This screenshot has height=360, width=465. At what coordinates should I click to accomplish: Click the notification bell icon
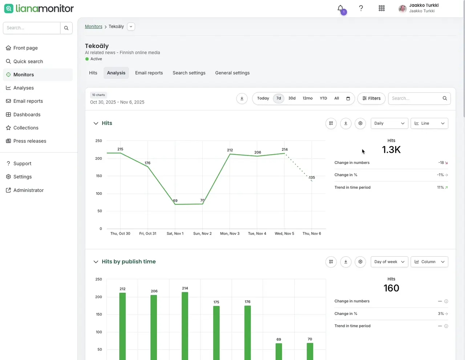[340, 8]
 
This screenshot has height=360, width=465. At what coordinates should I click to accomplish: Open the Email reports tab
[149, 73]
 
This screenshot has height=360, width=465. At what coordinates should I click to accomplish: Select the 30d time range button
[292, 98]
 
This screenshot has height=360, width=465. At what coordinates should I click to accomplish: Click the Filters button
[371, 98]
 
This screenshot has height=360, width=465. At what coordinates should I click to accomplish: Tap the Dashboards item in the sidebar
[27, 115]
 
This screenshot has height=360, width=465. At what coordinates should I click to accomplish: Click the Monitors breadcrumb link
[93, 27]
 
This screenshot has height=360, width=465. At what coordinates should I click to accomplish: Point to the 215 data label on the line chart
[120, 149]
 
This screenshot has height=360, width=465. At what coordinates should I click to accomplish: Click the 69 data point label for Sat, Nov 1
[175, 201]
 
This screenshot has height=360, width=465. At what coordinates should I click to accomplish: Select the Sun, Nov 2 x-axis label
[202, 233]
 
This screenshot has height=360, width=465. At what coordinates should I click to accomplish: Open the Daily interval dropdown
[389, 123]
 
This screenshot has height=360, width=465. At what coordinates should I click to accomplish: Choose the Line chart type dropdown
[429, 123]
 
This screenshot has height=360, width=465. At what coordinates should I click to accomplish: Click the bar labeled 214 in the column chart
[185, 326]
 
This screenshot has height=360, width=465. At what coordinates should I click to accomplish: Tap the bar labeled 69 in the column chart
[279, 351]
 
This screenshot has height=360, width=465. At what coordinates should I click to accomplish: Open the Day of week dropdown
[389, 262]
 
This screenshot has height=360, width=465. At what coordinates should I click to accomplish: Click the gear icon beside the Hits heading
[360, 123]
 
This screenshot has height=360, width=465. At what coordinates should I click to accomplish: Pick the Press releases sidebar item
[30, 141]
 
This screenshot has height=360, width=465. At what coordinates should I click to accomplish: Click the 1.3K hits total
[391, 150]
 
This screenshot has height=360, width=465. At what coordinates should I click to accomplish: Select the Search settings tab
[189, 73]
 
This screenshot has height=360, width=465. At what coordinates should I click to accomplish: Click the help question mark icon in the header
[361, 8]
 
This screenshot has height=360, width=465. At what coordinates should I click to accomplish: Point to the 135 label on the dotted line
[312, 177]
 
